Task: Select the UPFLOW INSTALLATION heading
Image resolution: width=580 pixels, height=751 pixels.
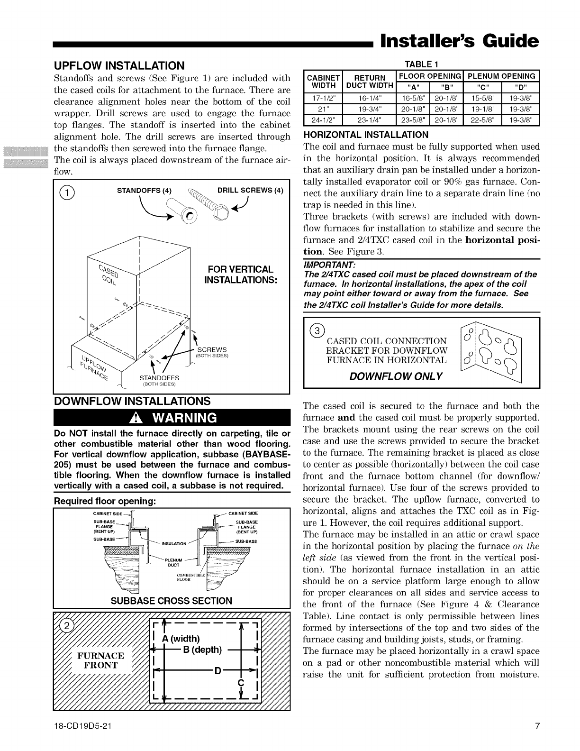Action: coord(119,65)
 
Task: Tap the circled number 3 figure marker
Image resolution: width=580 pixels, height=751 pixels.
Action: coord(317,330)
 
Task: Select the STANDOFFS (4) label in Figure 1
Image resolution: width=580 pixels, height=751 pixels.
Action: coord(144,191)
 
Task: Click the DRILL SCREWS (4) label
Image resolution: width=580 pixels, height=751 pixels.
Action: coord(250,191)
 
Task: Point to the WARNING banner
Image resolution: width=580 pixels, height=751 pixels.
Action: coord(172,418)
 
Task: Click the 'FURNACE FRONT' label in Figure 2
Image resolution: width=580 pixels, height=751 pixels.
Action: coord(100,660)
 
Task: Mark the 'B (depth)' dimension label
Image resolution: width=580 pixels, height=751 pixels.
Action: coord(202,650)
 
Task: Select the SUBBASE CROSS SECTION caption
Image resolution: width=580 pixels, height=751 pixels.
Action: coord(171,601)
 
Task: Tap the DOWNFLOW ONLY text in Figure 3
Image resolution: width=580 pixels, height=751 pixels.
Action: coord(396,376)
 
